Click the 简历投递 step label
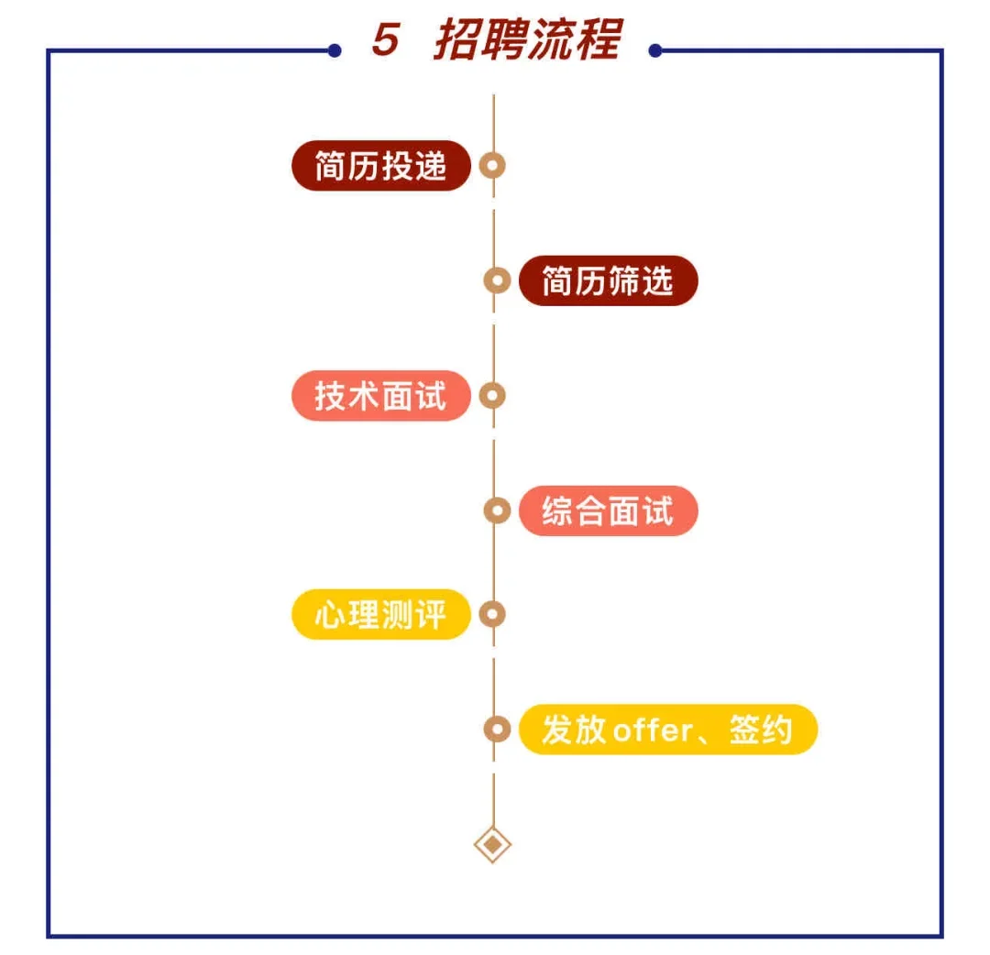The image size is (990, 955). coord(380,166)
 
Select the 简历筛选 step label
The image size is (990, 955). coord(607,280)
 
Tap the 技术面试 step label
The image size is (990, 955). coord(380,396)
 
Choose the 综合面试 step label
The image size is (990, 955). coord(607,510)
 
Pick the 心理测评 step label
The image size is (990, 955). coord(380,614)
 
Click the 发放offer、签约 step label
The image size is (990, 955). coord(666,730)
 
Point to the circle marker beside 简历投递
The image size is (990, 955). coord(493,166)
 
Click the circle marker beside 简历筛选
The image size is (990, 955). coord(497,280)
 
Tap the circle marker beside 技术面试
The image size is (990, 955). coord(493,396)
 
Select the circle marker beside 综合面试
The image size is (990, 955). coord(497,510)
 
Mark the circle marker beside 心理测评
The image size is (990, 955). coord(493,614)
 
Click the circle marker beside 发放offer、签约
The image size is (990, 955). coord(497,730)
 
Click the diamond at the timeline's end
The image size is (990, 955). coord(493,844)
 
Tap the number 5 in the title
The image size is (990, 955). coord(386,40)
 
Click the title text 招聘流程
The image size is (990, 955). coord(527,40)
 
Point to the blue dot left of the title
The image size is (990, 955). coord(335,51)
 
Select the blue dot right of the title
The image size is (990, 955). coord(655,51)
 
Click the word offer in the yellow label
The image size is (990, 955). coord(652,731)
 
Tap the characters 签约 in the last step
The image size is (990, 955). coord(760,730)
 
